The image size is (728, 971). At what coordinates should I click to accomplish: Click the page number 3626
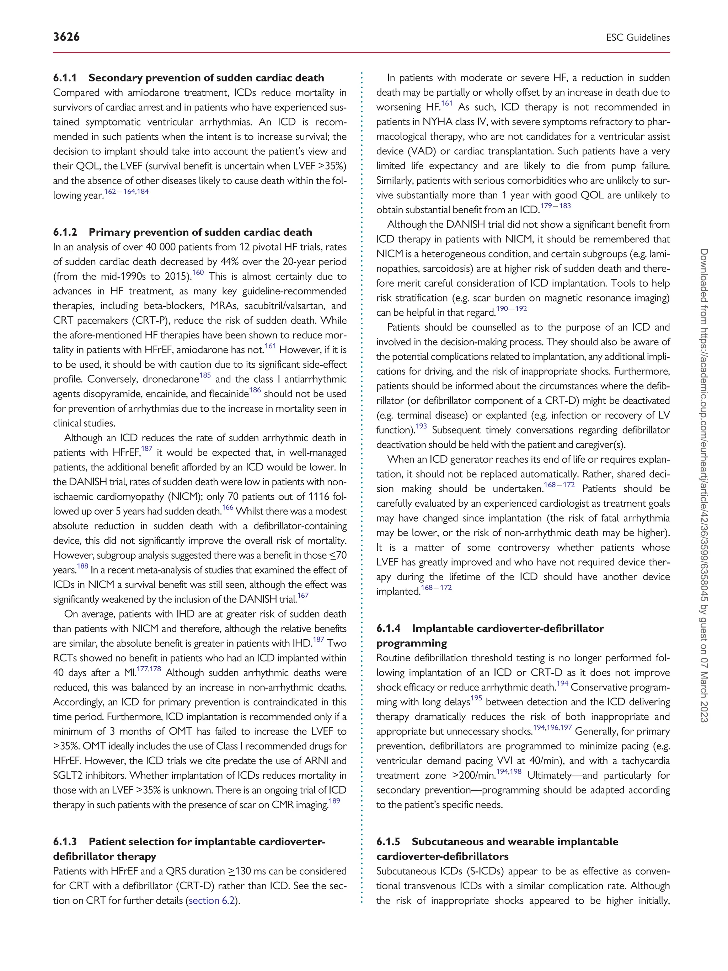(x=66, y=37)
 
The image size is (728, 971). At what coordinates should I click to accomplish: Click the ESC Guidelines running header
(x=638, y=38)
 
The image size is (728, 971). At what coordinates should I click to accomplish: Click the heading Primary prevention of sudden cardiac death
(x=200, y=232)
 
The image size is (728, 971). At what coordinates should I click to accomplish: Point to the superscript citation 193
(x=421, y=426)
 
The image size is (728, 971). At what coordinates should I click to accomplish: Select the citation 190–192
(x=511, y=309)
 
